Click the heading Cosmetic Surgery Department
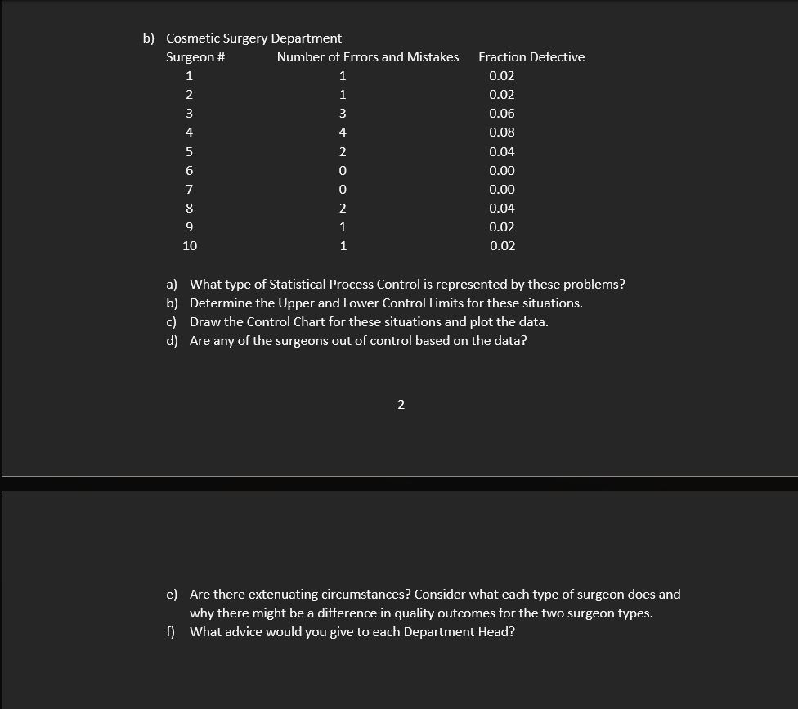(x=253, y=38)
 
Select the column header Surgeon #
(x=195, y=57)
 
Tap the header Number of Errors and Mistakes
(x=367, y=57)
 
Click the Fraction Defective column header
(x=531, y=57)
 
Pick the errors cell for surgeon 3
(x=343, y=114)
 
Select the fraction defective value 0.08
(x=501, y=132)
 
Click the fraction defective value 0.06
(x=501, y=114)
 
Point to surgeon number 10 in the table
(x=190, y=245)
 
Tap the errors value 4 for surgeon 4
(x=343, y=132)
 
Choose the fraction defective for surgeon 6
(x=501, y=170)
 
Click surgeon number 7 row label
(x=189, y=189)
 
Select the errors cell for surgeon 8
(x=343, y=208)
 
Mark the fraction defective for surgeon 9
(x=501, y=227)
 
